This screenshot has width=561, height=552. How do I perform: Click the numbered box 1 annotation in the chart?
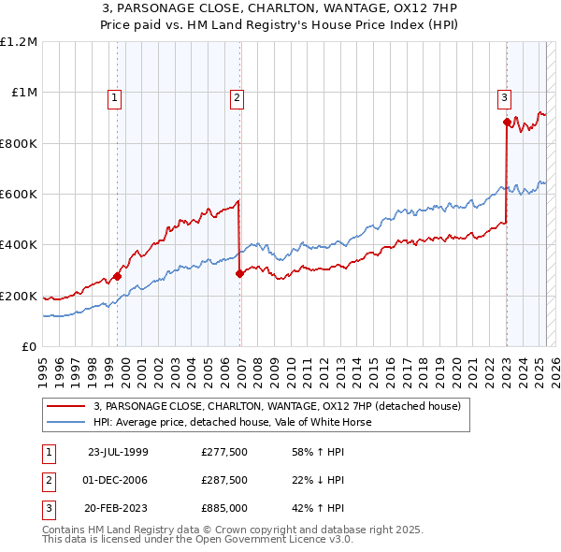114,96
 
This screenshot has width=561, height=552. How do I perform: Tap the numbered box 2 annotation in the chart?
237,96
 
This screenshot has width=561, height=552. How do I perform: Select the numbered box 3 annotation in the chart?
504,96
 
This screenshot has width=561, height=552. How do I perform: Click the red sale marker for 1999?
118,276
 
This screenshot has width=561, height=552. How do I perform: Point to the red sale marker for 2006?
240,273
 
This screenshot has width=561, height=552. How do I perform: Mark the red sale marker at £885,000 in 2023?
507,122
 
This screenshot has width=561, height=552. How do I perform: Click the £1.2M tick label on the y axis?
19,42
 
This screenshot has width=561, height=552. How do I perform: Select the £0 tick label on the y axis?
28,347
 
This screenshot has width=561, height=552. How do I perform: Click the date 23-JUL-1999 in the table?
118,452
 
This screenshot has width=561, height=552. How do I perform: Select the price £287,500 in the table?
224,480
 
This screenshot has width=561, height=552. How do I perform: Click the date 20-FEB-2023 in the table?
118,508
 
